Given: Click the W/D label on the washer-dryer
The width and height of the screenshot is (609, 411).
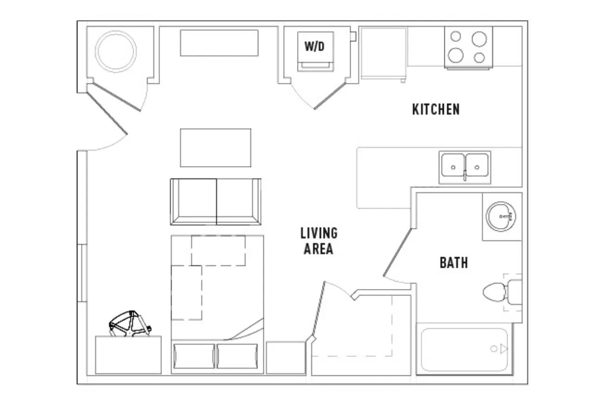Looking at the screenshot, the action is coord(315,46).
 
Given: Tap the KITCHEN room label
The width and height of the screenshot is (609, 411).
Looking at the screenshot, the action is coord(436,109).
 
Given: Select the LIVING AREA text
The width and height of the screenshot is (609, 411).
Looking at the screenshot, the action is coord(319,241).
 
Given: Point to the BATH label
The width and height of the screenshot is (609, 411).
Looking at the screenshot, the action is coord(454,263).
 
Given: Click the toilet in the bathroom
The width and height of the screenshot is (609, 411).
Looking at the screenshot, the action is coord(502,292).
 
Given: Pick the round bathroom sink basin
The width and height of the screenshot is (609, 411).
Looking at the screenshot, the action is coord(500,217).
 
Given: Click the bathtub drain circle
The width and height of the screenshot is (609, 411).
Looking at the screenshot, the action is coord(494,349).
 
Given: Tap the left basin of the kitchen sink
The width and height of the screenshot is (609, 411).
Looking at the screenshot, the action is coord(453,165).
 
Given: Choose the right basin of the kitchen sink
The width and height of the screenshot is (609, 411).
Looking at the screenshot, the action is coord(477,165).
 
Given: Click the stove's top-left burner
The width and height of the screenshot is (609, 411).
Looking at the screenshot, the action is coord(456,36).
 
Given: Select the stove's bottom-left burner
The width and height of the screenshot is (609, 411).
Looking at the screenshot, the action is coord(456,55).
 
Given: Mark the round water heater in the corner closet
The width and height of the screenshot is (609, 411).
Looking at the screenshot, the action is coord(116,51).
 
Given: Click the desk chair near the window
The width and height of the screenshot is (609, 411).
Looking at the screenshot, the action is coord(130,324).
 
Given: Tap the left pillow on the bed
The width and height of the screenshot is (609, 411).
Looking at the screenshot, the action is coord(194,356).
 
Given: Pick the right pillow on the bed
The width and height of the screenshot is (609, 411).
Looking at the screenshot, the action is coord(237,356).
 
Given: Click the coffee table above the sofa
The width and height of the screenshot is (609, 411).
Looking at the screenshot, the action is coord(216,148).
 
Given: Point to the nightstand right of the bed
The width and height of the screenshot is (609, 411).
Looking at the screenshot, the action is coord(286,358).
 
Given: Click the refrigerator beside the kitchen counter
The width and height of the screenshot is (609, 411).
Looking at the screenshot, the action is coord(383,54).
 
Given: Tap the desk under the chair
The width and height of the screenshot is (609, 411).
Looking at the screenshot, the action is coord(128,355).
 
